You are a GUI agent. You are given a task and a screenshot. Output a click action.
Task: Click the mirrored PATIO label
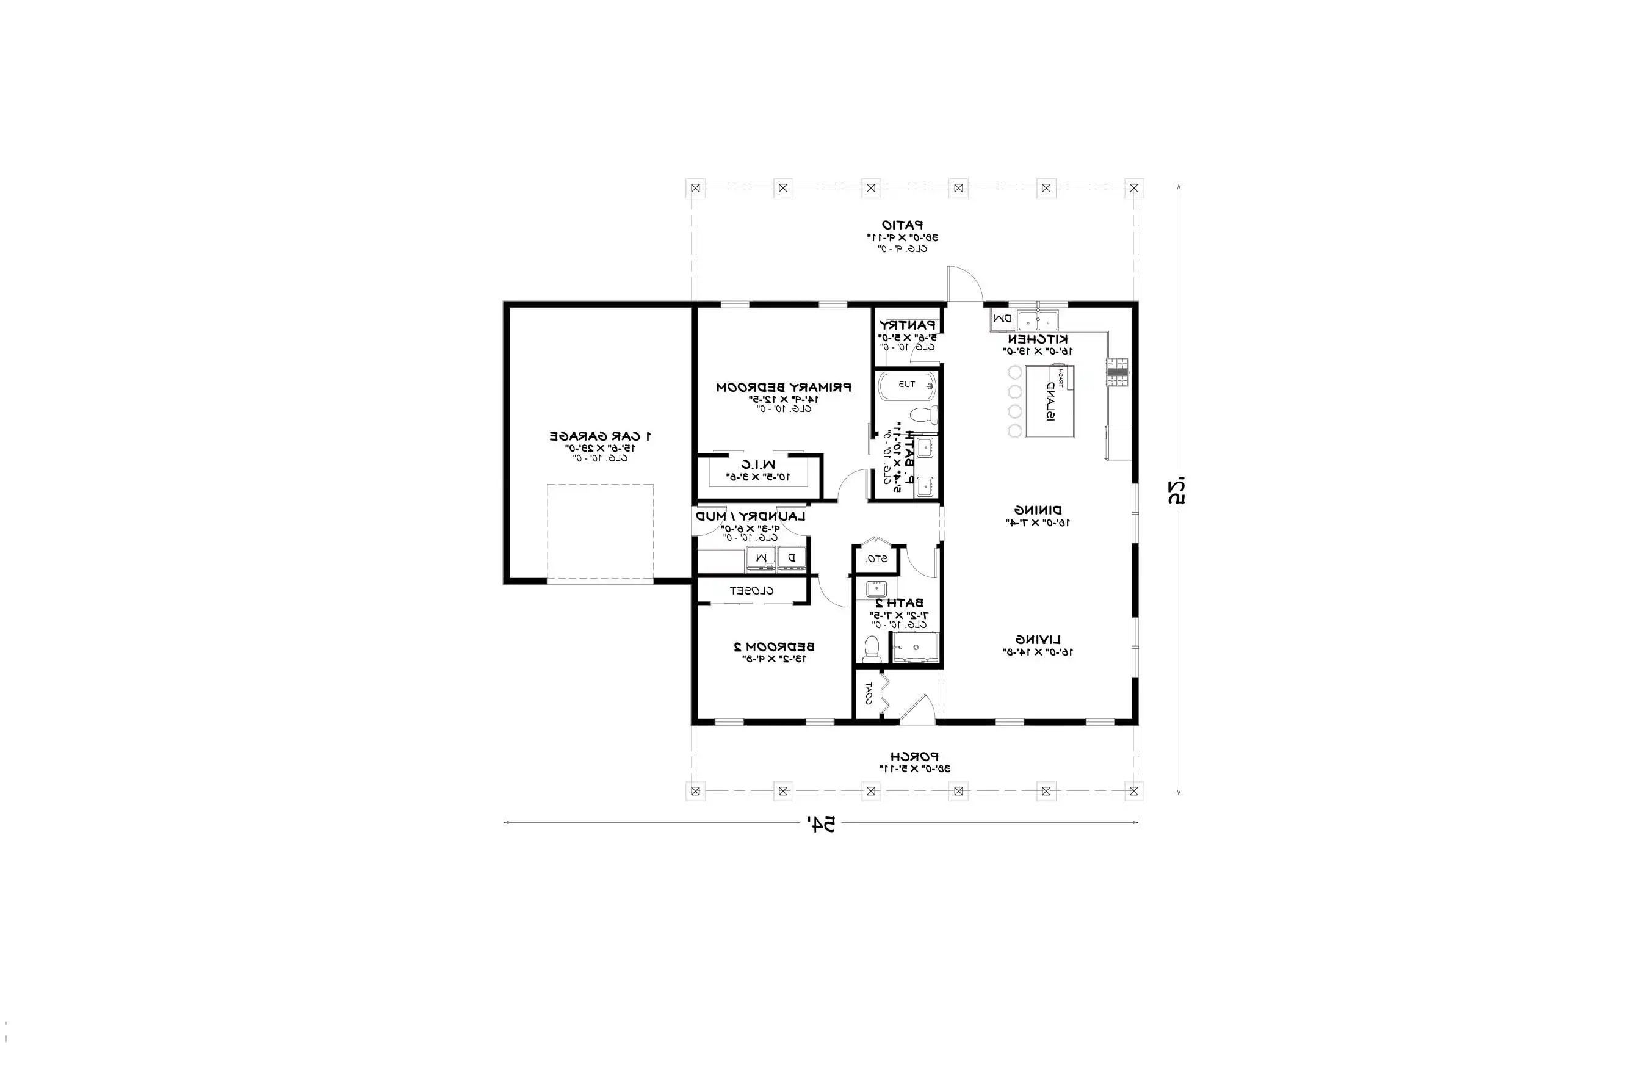[903, 225]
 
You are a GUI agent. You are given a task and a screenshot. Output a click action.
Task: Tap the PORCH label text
[914, 756]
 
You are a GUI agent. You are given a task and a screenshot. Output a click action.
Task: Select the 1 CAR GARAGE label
[600, 435]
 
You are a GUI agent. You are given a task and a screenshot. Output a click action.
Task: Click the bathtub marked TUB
[906, 385]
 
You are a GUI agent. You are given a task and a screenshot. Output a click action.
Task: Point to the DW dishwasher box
[1002, 319]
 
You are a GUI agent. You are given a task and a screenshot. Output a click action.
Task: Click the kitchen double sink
[1037, 319]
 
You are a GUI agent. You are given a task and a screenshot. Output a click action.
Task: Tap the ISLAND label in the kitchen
[1049, 402]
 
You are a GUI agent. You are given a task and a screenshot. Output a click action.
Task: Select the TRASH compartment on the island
[1061, 377]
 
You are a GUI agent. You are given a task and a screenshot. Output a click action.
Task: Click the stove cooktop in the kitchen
[1118, 372]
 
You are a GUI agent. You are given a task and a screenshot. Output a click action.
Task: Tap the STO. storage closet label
[876, 559]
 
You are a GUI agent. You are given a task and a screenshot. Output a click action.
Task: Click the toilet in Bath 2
[871, 648]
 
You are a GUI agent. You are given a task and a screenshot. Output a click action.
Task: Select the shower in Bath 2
[916, 648]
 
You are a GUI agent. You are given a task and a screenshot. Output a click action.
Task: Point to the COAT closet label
[869, 693]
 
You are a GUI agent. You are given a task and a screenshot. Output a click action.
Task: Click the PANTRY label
[906, 325]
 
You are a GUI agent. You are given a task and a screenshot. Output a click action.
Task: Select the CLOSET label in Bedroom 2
[751, 591]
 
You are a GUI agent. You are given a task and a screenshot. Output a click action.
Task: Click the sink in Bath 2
[876, 588]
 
